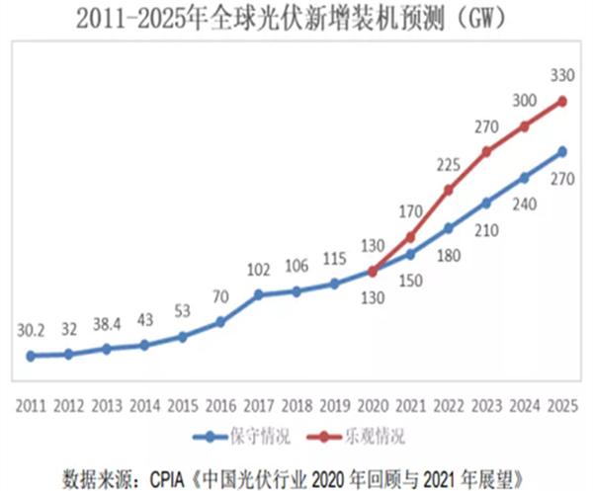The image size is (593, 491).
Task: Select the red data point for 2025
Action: pyautogui.click(x=562, y=100)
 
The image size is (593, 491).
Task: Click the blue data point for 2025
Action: pyautogui.click(x=562, y=151)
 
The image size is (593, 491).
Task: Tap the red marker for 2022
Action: pyautogui.click(x=448, y=190)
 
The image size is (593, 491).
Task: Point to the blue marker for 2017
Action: pyautogui.click(x=258, y=294)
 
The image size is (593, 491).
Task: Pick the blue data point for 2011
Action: pyautogui.click(x=31, y=356)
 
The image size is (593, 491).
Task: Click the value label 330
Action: pyautogui.click(x=562, y=74)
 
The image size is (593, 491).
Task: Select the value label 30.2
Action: pyautogui.click(x=31, y=331)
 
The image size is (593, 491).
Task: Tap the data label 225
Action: pyautogui.click(x=448, y=164)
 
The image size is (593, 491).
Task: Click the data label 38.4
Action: pyautogui.click(x=107, y=323)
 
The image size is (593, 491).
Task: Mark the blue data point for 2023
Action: pyautogui.click(x=486, y=203)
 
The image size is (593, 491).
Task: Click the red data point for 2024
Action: pyautogui.click(x=525, y=125)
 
